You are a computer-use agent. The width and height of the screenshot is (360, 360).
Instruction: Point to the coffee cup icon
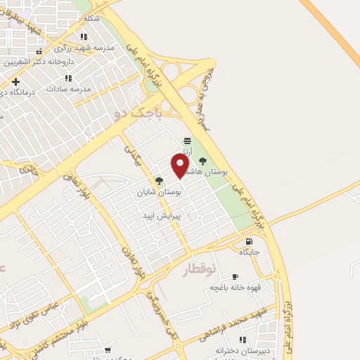pyautogui.click(x=235, y=276)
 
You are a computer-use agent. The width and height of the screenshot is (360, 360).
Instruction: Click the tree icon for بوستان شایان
pyautogui.click(x=160, y=181)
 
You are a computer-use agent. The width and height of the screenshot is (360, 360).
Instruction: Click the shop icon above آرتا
pyautogui.click(x=186, y=141)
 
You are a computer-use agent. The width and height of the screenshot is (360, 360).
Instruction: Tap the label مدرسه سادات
pyautogui.click(x=71, y=89)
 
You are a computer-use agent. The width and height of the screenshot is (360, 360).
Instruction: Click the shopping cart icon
pyautogui.click(x=108, y=349)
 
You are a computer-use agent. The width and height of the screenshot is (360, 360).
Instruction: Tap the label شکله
pyautogui.click(x=91, y=17)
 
